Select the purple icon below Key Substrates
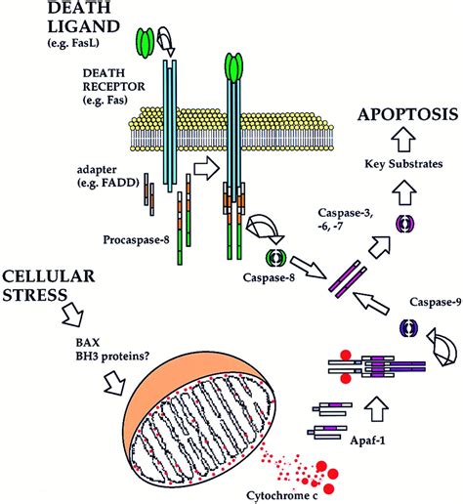click(x=401, y=224)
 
